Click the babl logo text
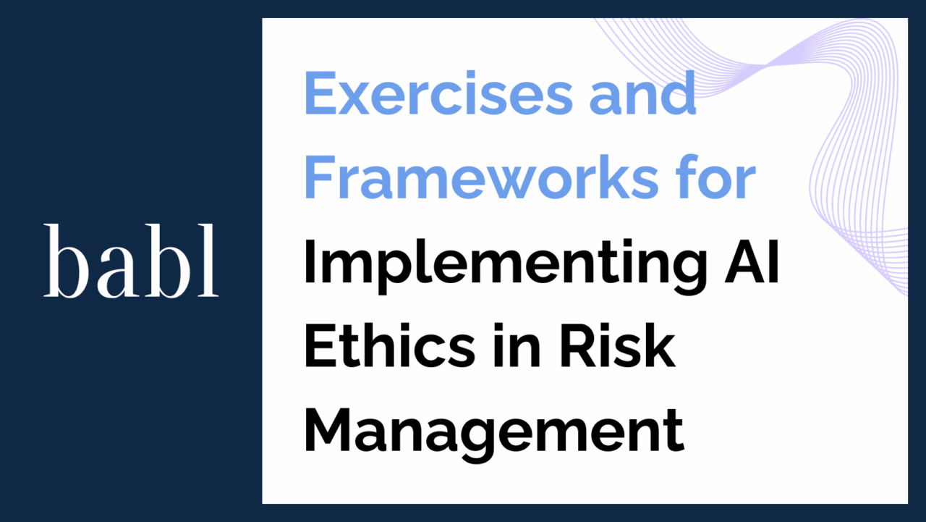pos(131,261)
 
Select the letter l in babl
pos(211,261)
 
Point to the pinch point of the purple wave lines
pos(764,66)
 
